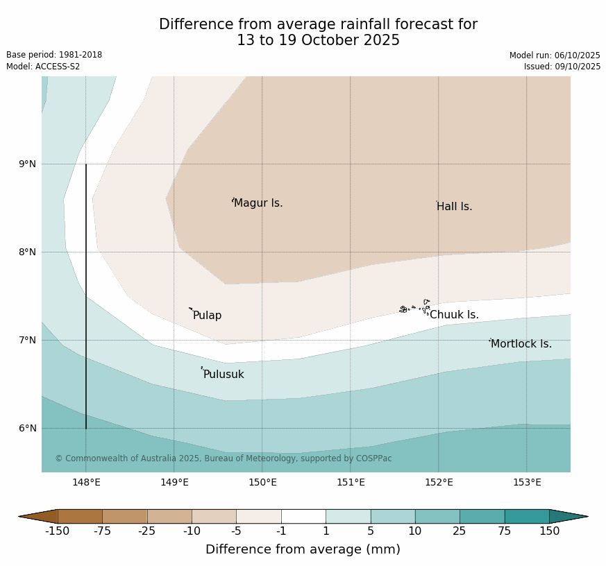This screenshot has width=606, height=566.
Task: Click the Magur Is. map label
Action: tap(258, 203)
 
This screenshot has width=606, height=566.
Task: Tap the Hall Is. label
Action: tap(455, 207)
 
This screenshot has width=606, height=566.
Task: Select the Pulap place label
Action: tap(207, 316)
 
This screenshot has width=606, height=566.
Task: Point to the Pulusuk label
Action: tap(224, 375)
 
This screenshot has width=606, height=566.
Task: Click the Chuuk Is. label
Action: tap(454, 315)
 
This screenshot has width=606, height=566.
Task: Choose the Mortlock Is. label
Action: tap(521, 344)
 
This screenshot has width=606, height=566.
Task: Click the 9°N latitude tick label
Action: tap(28, 164)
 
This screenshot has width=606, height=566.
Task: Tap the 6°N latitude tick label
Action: tap(28, 429)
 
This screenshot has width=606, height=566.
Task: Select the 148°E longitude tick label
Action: tap(86, 483)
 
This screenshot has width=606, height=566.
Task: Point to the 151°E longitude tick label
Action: tap(351, 483)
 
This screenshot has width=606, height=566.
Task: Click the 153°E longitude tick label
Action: tap(527, 483)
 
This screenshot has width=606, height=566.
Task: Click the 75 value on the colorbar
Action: tap(505, 531)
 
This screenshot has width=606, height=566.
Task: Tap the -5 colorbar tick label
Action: tap(237, 531)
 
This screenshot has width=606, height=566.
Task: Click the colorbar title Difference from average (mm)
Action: tap(303, 549)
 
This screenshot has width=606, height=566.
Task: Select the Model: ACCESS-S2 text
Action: tap(43, 67)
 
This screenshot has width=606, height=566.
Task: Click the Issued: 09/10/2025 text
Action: tap(562, 67)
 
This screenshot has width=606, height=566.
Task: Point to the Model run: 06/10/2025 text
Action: tap(555, 55)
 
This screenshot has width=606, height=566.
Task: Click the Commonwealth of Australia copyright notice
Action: tap(224, 458)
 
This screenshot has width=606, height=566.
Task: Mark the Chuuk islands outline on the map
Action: tap(414, 307)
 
